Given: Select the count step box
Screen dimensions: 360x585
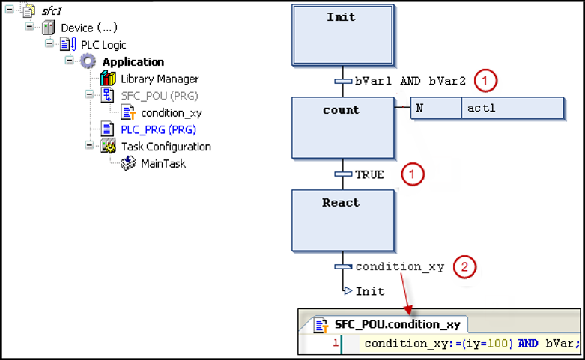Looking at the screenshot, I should point(342,127).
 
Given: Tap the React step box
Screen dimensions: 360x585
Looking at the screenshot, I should point(342,220).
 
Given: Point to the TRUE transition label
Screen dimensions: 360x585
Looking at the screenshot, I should point(369,174).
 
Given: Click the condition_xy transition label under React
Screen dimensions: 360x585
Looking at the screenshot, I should point(399,266).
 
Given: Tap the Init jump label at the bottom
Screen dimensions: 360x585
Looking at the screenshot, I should point(370,291).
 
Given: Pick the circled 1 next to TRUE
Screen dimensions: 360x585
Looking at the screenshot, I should point(412,174).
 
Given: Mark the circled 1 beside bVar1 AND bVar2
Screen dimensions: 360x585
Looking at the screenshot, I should point(487,79).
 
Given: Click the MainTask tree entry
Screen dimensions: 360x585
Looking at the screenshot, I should point(163,163).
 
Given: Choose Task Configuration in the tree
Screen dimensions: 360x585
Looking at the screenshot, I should point(166,147).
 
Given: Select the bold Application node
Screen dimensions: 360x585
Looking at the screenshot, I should point(133,61).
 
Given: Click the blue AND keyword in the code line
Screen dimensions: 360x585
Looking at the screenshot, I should point(528,344).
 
